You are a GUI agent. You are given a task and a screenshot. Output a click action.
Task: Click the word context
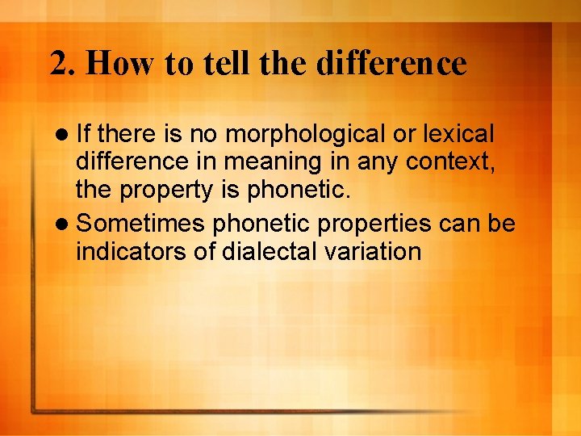click(x=452, y=162)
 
